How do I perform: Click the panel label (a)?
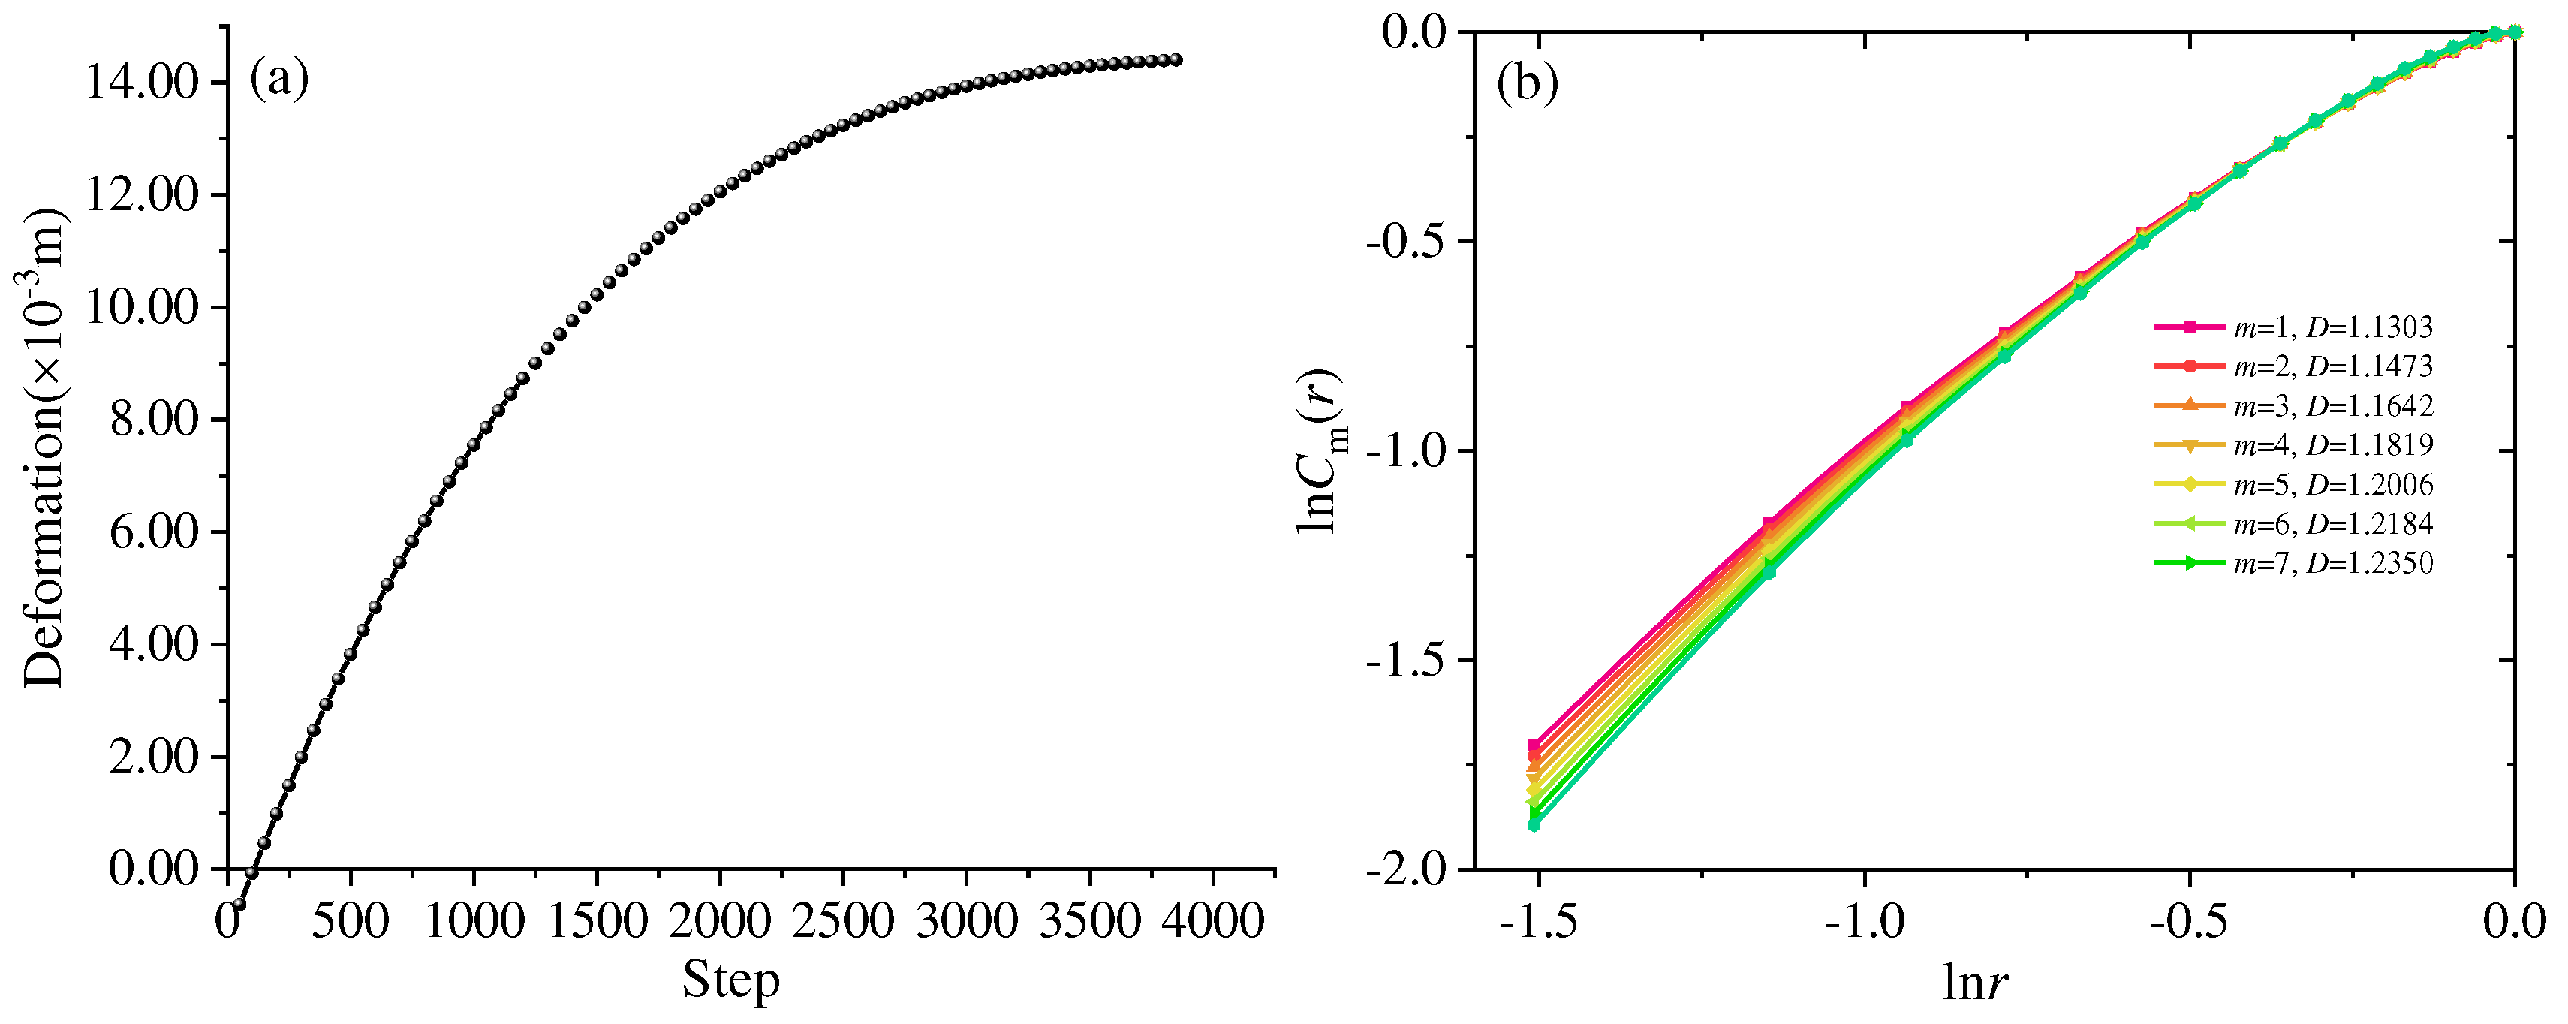[x=279, y=78]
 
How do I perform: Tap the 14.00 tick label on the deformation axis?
[x=143, y=82]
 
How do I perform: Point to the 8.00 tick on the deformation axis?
[x=155, y=420]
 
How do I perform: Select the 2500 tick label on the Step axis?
[x=844, y=920]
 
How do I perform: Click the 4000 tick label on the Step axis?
[x=1212, y=920]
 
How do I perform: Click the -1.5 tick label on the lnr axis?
[x=1538, y=923]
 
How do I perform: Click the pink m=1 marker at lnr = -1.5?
[x=1534, y=745]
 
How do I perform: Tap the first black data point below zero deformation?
[x=238, y=905]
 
